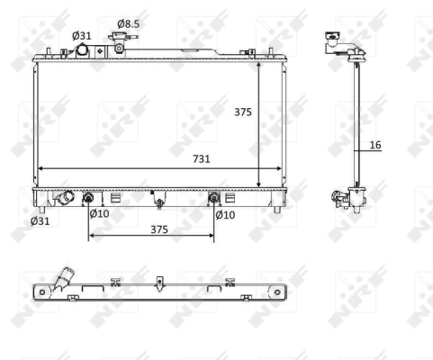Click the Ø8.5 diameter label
pyautogui.click(x=128, y=23)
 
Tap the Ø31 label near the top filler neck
pyautogui.click(x=81, y=36)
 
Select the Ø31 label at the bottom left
pyautogui.click(x=40, y=221)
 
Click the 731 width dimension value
pyautogui.click(x=201, y=158)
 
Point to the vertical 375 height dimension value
pyautogui.click(x=243, y=112)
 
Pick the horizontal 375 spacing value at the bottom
pyautogui.click(x=159, y=229)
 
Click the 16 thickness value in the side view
pyautogui.click(x=375, y=145)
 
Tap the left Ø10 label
pyautogui.click(x=99, y=213)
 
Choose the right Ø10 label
pyautogui.click(x=225, y=215)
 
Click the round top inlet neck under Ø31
pyautogui.click(x=82, y=50)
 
